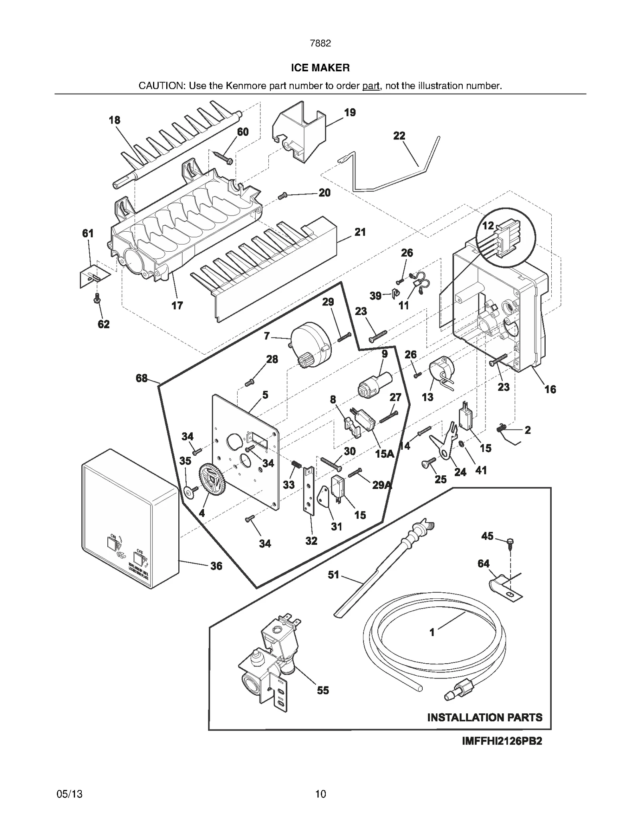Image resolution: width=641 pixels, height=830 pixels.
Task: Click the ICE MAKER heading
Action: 320,68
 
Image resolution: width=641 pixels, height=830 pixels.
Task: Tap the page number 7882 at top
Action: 320,43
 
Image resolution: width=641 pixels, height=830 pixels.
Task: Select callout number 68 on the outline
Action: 141,378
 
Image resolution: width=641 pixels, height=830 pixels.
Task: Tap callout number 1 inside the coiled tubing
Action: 432,632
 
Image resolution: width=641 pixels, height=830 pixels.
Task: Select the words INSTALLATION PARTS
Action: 484,717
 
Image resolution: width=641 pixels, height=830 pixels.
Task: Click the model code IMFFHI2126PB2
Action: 502,741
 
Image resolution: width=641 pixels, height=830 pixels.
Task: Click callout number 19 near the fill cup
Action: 349,113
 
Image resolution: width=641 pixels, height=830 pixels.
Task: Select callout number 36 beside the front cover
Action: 216,566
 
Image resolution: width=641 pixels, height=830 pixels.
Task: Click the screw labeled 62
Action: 97,299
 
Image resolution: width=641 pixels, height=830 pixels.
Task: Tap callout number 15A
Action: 384,454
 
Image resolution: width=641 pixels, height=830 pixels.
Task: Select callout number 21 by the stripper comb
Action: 360,232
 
